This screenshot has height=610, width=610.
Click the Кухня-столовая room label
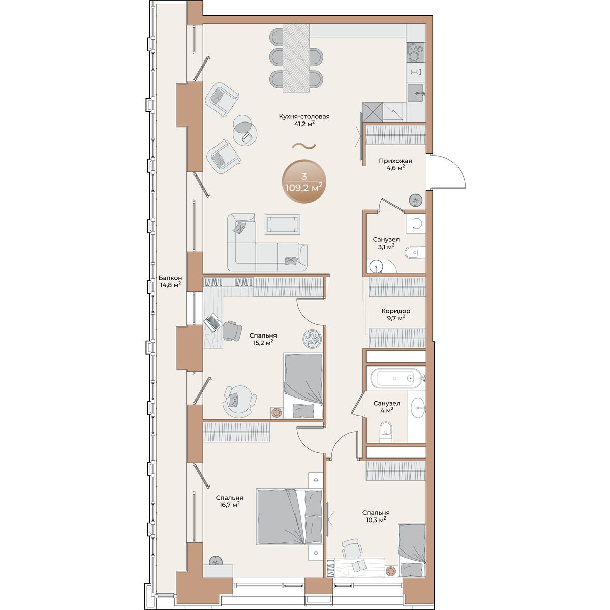(x=304, y=117)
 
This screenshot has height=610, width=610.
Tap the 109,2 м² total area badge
(x=304, y=181)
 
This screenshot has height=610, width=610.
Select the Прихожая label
(x=395, y=161)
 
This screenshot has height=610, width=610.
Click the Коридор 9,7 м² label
(x=395, y=314)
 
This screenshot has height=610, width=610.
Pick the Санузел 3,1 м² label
(x=386, y=243)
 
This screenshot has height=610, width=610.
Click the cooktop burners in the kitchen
(x=416, y=52)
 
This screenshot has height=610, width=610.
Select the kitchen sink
(x=416, y=93)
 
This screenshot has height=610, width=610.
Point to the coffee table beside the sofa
(x=282, y=224)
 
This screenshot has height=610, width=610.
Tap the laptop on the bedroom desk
(x=212, y=323)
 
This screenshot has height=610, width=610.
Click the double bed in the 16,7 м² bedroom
(x=290, y=516)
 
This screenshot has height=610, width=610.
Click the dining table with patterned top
(x=296, y=58)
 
